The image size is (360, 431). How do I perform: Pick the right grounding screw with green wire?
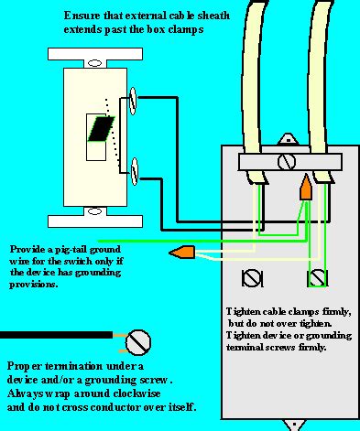[318, 275]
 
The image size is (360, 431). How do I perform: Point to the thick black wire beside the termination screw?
[55, 335]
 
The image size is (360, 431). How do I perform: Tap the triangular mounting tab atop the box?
[291, 141]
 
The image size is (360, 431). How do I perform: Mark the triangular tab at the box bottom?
[292, 425]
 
